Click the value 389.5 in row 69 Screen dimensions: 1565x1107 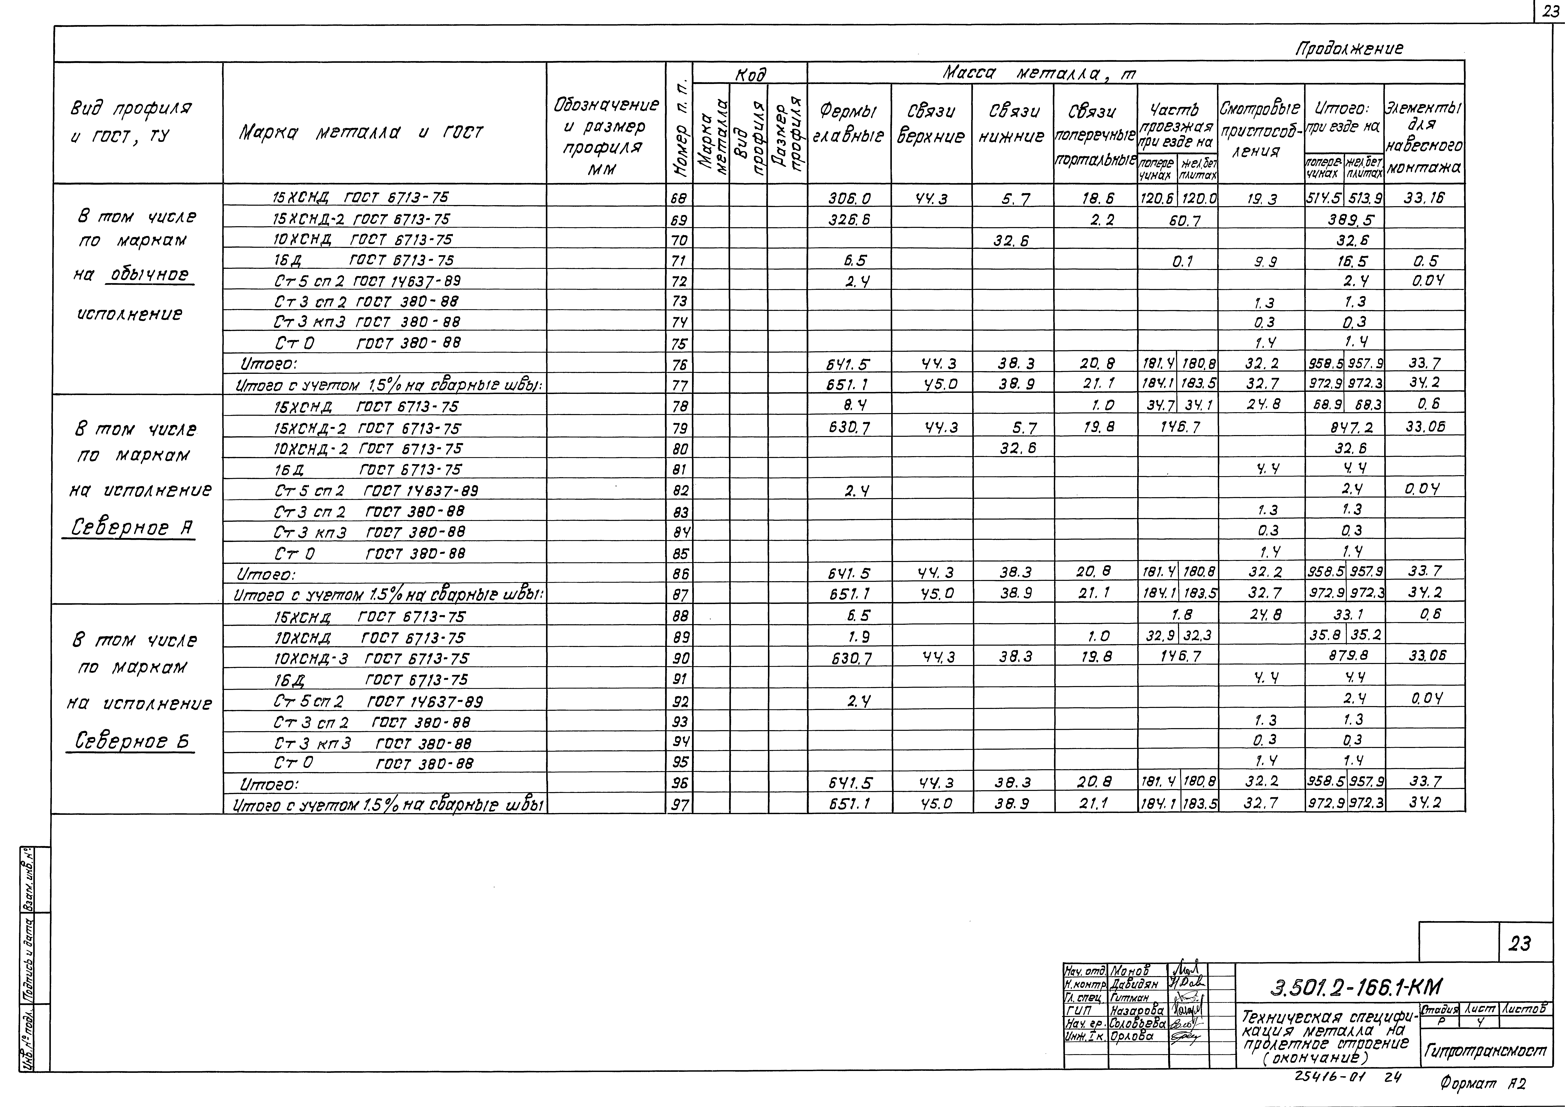click(x=1343, y=219)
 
